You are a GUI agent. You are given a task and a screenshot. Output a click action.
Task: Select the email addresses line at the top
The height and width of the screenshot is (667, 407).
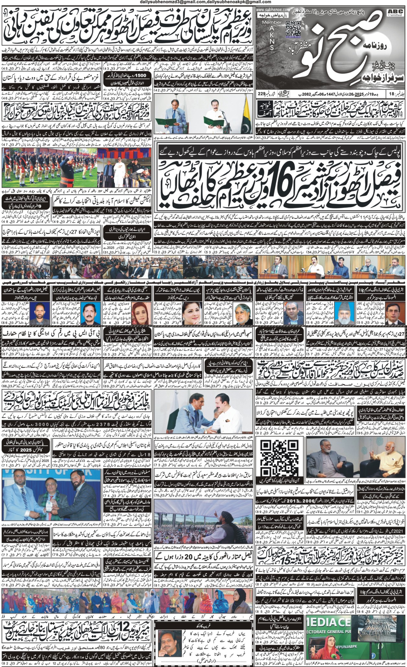coord(203,2)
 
